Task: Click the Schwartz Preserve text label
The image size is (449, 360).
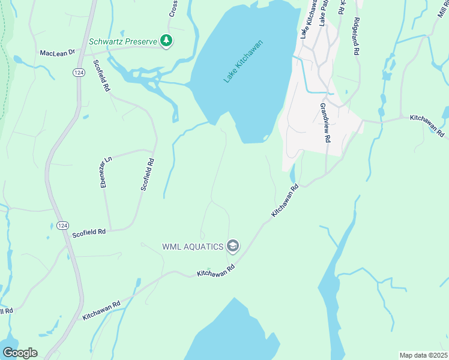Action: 122,41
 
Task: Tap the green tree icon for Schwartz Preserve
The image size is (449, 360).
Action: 166,41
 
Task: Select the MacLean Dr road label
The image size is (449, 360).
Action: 57,53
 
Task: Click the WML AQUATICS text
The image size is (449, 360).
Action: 191,246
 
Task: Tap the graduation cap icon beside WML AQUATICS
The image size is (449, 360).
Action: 233,246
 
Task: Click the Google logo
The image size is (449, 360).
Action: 19,353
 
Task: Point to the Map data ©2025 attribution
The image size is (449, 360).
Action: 423,355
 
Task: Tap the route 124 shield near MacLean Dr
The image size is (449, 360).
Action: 78,72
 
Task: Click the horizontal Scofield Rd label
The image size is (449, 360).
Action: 89,232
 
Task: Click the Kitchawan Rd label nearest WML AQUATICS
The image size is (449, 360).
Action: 215,271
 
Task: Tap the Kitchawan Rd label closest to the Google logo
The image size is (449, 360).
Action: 102,309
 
